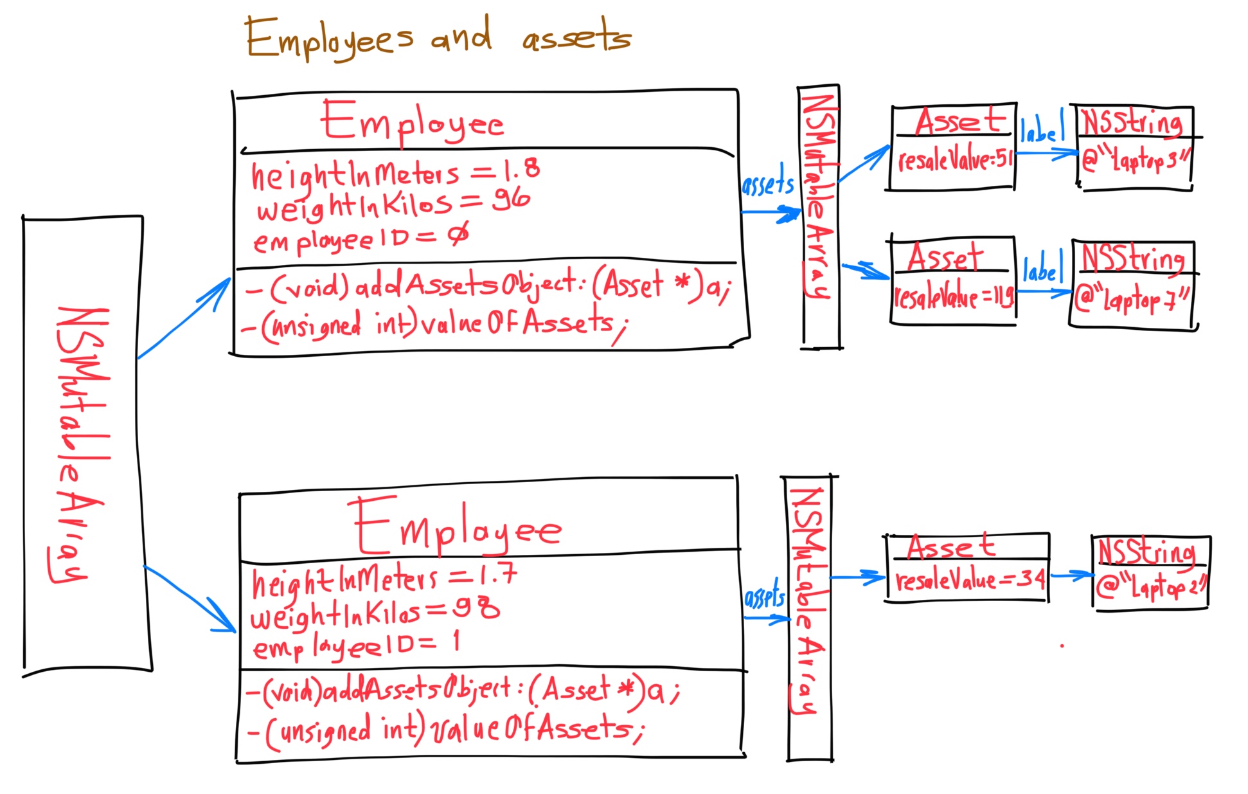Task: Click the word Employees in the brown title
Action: coord(329,39)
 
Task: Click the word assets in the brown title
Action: coord(576,37)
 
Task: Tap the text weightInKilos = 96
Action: coord(393,204)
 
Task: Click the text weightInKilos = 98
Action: coord(375,612)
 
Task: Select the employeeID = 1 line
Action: coord(356,645)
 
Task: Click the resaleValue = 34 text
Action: coord(969,581)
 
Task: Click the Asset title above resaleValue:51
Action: coord(960,120)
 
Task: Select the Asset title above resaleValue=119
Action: coord(945,257)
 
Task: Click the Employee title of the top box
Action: coord(412,122)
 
